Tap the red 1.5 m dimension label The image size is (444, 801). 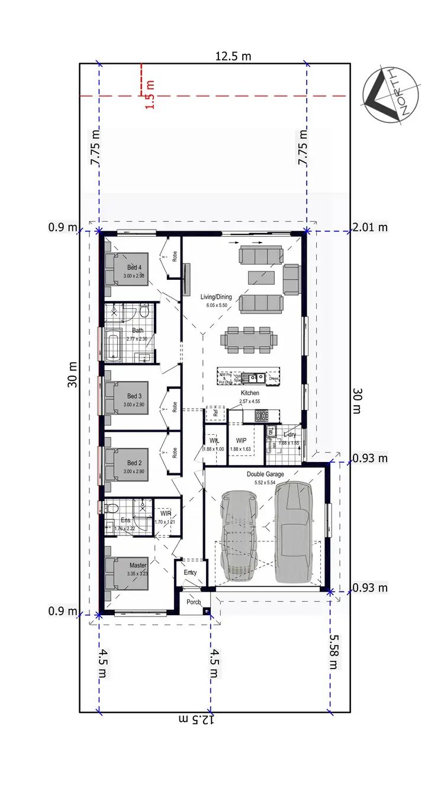[149, 94]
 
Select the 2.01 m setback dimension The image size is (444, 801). [370, 227]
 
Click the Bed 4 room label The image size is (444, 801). [135, 268]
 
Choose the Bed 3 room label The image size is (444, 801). [134, 396]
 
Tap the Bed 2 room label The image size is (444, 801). [134, 463]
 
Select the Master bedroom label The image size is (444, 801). [138, 566]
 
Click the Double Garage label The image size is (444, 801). [265, 474]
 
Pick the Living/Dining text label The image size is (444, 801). [216, 297]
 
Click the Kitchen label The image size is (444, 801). [250, 393]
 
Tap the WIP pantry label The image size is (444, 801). [241, 441]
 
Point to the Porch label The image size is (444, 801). [193, 602]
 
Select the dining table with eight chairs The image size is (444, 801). [249, 341]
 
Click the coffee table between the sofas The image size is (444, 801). [260, 277]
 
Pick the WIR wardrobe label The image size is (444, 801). [165, 513]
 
